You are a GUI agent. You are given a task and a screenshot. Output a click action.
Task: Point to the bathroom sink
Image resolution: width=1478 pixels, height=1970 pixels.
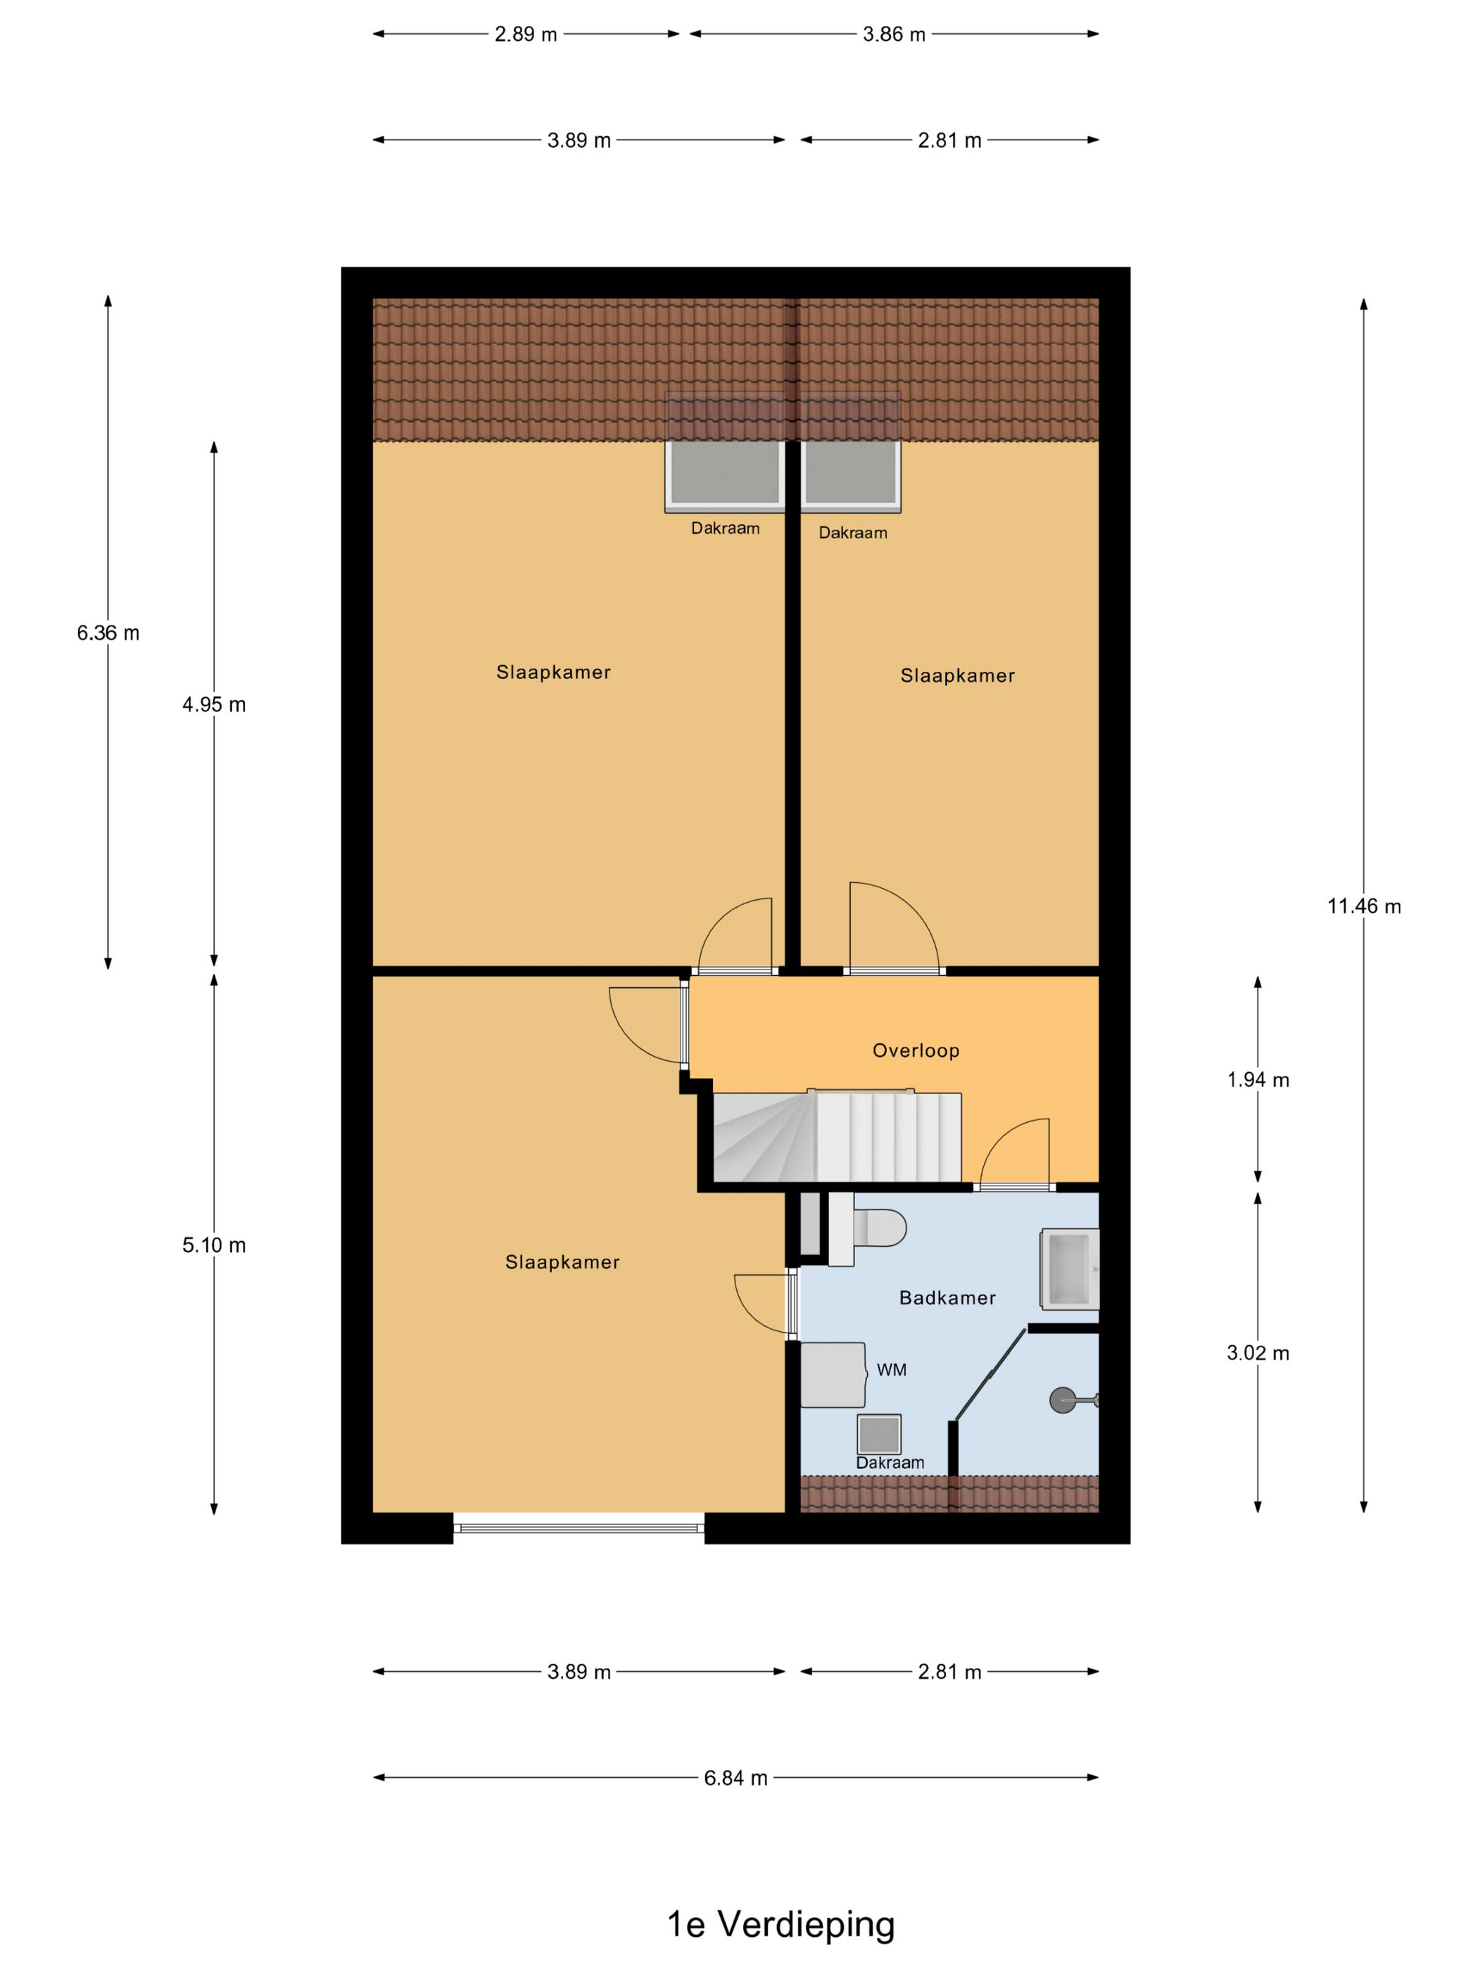(x=1070, y=1269)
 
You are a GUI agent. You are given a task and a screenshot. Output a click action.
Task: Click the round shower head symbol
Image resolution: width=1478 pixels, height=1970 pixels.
(x=1063, y=1401)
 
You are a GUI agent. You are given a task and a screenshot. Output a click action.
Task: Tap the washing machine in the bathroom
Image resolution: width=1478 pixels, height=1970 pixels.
(x=833, y=1375)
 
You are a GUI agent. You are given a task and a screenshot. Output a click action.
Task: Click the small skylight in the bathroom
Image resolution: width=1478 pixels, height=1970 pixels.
(x=879, y=1435)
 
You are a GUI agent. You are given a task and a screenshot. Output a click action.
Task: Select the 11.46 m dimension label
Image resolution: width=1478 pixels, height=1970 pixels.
(x=1364, y=907)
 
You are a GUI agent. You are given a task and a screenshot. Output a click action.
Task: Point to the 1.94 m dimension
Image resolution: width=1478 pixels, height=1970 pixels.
(x=1258, y=1080)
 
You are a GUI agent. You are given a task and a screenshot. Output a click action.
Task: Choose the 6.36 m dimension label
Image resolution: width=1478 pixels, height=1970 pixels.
(x=108, y=633)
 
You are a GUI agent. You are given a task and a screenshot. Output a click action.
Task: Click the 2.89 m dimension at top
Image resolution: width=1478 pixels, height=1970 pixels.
(x=526, y=34)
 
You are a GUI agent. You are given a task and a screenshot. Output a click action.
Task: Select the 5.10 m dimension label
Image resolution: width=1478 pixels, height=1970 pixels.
(x=214, y=1246)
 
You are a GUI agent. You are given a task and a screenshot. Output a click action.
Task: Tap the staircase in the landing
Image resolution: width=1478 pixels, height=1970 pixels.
(x=838, y=1137)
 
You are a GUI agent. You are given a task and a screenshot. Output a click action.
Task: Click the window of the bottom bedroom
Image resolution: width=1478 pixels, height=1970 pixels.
(x=579, y=1528)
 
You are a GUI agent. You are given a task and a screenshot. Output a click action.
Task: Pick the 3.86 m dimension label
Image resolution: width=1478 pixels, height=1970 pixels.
(x=894, y=34)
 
